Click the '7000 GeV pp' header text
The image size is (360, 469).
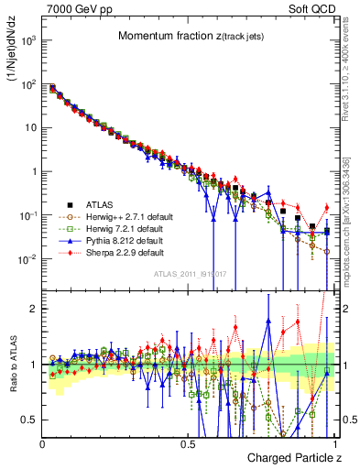coord(73,8)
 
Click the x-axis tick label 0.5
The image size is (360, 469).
coord(189,442)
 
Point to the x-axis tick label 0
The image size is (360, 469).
coord(43,442)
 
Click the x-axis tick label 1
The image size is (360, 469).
coord(335,442)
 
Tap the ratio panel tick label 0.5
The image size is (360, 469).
coord(28,419)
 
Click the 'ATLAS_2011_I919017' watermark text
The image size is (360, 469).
coord(189,275)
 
